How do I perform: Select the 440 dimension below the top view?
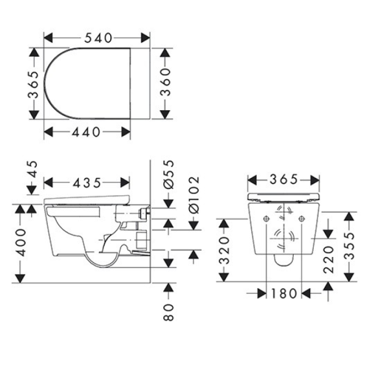click(x=87, y=132)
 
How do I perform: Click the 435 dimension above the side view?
click(x=87, y=183)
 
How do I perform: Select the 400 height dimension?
click(x=22, y=243)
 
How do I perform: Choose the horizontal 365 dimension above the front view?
click(x=283, y=179)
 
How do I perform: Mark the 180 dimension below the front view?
click(x=284, y=294)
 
